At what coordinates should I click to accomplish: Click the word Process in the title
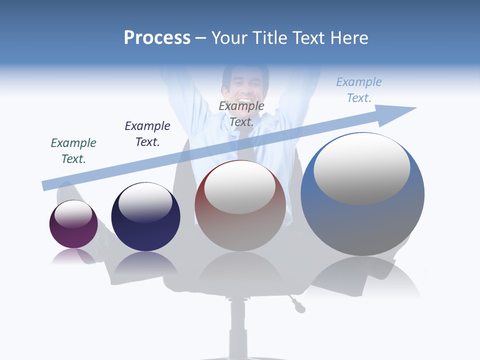[x=157, y=38]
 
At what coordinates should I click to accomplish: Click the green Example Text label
[x=73, y=151]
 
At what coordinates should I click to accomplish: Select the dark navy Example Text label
[x=147, y=134]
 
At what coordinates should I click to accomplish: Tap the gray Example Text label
[x=241, y=114]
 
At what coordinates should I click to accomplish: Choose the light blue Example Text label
[x=358, y=90]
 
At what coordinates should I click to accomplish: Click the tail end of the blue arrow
[x=46, y=185]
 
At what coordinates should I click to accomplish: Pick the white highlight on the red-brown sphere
[x=239, y=187]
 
